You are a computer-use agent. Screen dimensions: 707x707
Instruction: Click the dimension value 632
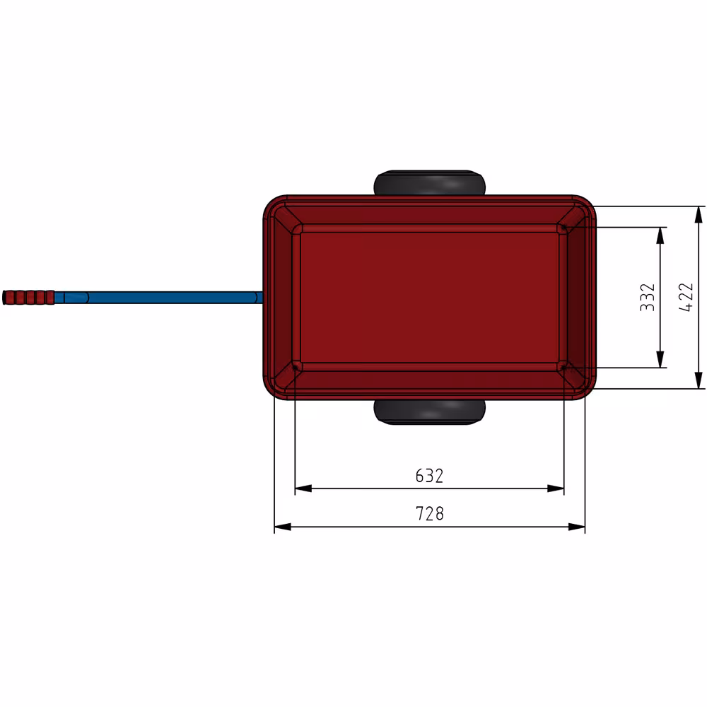click(x=429, y=476)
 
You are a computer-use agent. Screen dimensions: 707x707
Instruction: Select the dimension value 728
click(x=429, y=514)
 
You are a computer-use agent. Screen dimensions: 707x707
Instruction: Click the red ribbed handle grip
click(x=29, y=297)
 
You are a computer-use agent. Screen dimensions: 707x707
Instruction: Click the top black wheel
click(x=429, y=183)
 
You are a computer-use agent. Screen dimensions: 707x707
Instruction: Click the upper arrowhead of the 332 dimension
click(x=660, y=234)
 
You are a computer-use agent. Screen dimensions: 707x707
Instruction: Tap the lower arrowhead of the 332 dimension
click(x=660, y=361)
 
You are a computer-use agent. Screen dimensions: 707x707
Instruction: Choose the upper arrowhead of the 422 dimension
click(x=699, y=213)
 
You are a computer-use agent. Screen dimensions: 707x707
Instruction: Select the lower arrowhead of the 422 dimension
click(x=699, y=382)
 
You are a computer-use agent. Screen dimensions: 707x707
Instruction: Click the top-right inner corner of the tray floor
click(x=562, y=228)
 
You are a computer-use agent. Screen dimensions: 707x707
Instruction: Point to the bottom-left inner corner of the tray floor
click(x=297, y=366)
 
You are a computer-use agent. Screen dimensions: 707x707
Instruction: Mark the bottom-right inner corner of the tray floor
click(x=562, y=366)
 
